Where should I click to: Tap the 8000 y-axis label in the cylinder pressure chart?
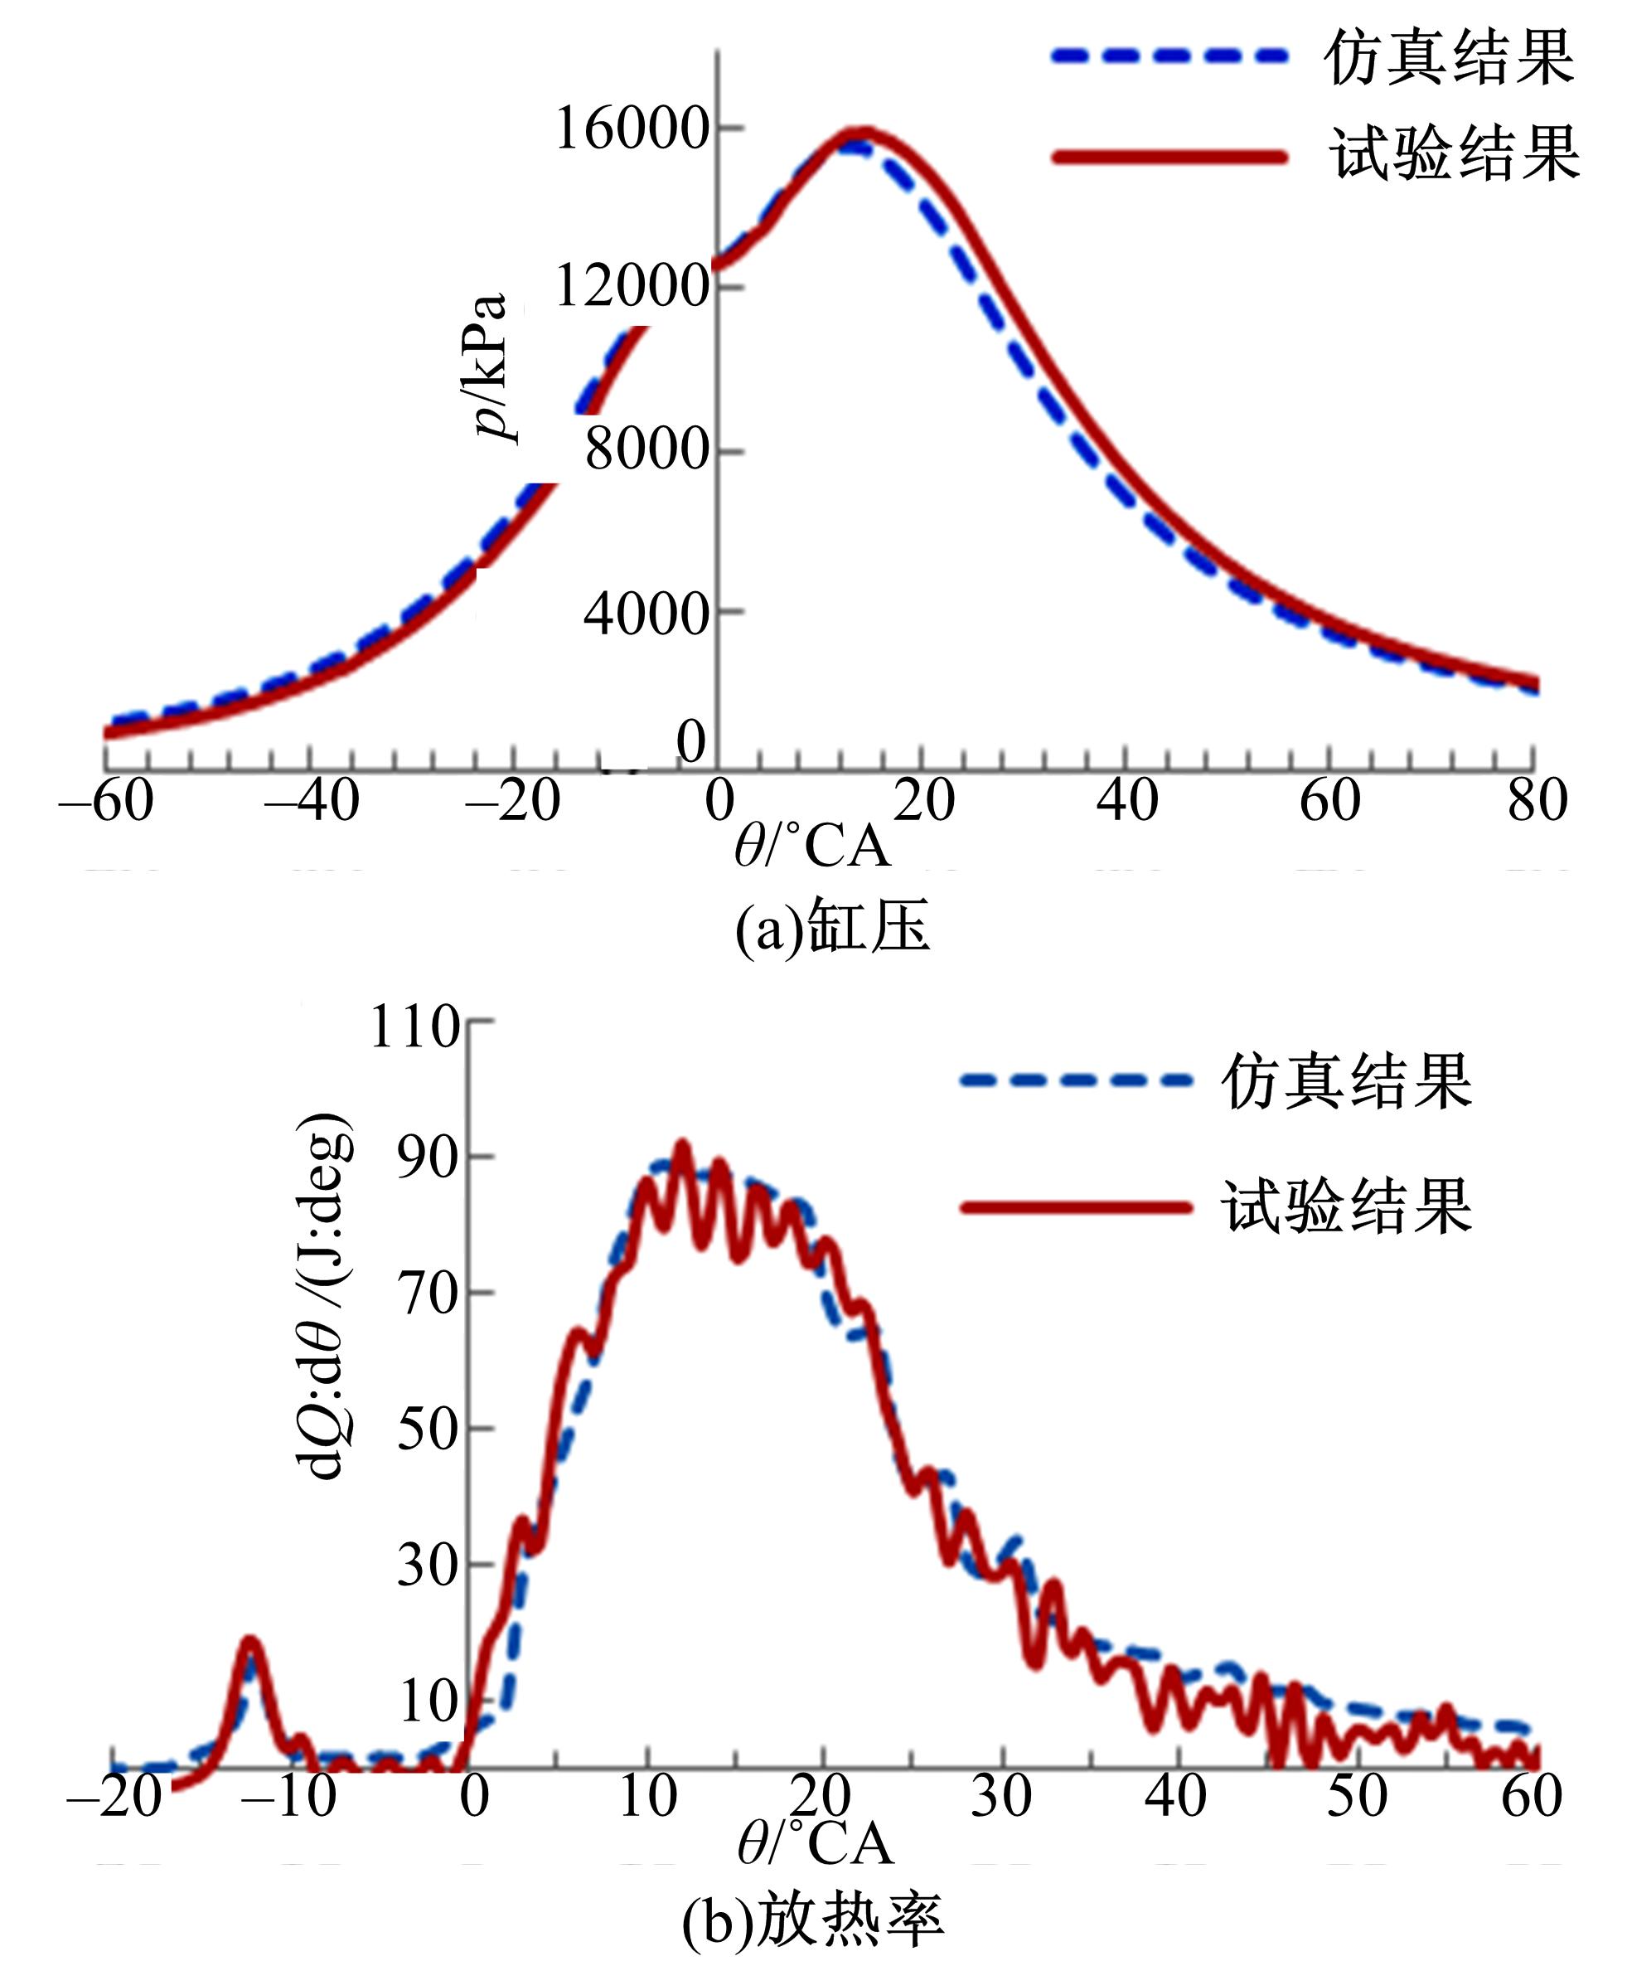pos(646,450)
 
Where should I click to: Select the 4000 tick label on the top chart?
pos(646,614)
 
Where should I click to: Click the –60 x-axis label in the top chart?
pos(106,801)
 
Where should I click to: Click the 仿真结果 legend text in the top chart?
pos(1450,58)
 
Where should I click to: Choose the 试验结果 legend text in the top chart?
pos(1454,154)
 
